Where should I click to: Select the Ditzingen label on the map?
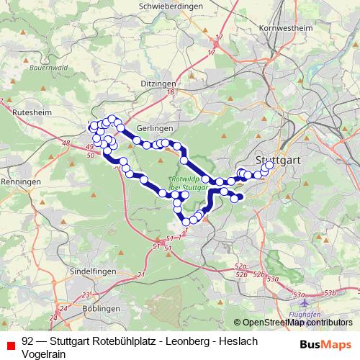click(x=158, y=84)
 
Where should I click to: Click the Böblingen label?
click(x=96, y=307)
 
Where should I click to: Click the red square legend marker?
click(x=9, y=342)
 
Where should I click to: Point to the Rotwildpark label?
click(x=185, y=178)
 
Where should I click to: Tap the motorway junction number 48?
click(x=66, y=144)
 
